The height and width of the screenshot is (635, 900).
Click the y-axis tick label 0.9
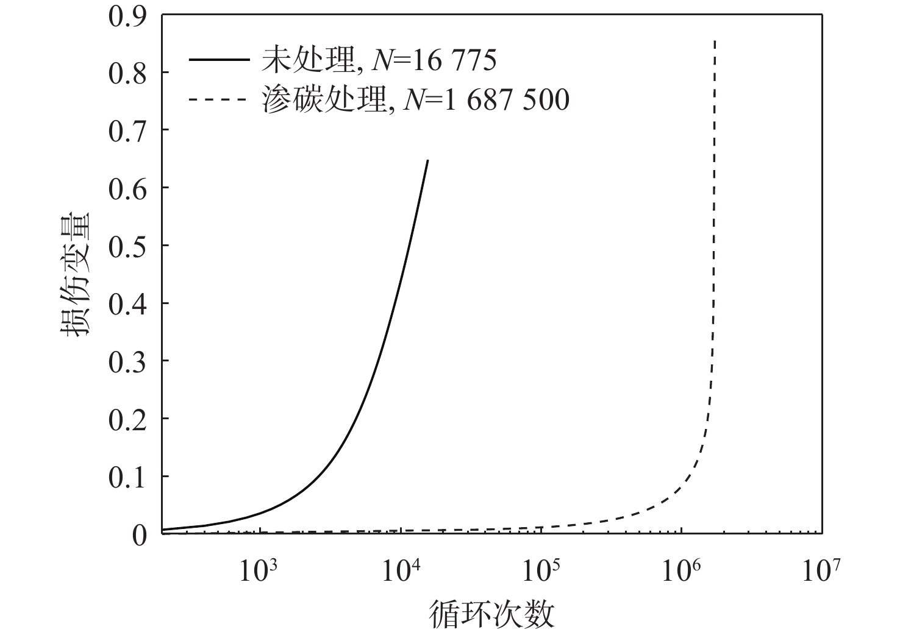tap(127, 16)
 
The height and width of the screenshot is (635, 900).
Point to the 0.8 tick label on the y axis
tap(127, 74)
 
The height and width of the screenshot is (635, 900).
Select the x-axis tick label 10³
tap(259, 571)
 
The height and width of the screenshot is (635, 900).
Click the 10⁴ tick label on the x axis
tap(400, 571)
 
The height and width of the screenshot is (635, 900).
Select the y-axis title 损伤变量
tap(74, 274)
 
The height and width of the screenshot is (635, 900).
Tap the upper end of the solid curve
tap(427, 160)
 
